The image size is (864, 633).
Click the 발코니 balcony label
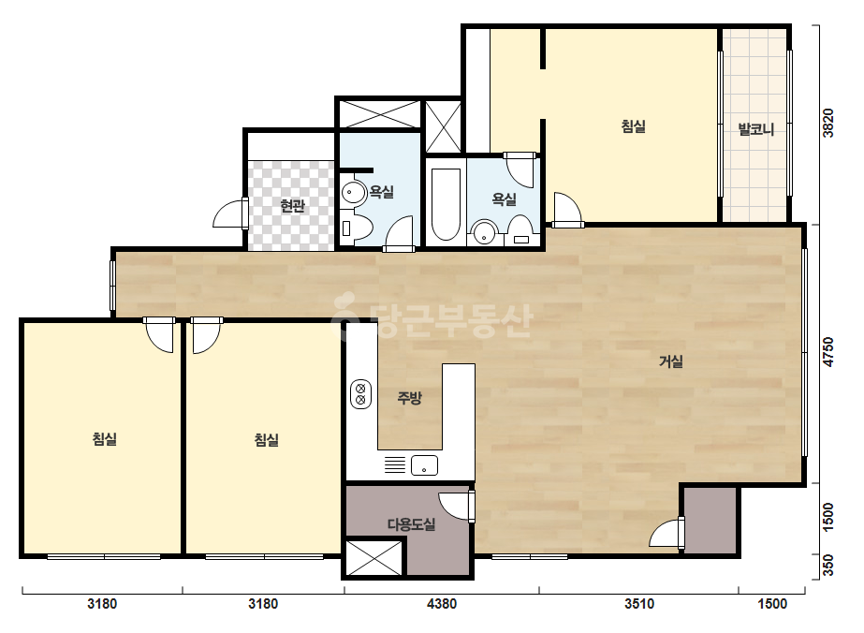coord(756,129)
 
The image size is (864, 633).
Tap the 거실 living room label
coord(671,361)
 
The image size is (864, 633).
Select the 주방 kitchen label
coord(409,398)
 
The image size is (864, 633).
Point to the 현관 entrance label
coord(292,206)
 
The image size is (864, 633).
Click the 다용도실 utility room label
coord(412,524)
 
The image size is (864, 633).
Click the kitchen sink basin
coord(424,465)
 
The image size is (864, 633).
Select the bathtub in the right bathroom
coord(446,204)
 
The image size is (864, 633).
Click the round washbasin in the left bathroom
coord(353,193)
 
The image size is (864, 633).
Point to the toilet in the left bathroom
coord(356,228)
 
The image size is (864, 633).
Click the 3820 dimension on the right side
coord(827,124)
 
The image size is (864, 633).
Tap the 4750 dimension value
coord(827,352)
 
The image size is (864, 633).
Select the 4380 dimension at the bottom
coord(442,604)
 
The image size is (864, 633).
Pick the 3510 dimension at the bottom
coord(639,604)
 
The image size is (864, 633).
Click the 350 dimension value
coord(827,567)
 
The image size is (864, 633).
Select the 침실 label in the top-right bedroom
coord(633,126)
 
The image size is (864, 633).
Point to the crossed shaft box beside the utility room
coord(374,558)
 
